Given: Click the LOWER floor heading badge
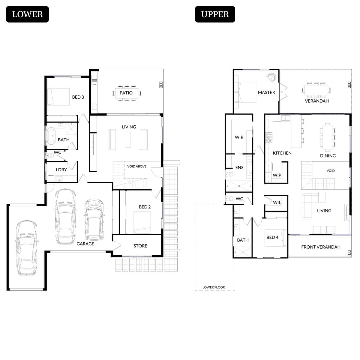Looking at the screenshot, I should pos(27,14).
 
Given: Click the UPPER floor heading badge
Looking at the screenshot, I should pos(215,14).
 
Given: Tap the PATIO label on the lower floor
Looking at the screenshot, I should pos(126,93).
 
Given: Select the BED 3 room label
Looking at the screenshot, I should pos(78,97).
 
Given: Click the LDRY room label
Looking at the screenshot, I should pos(61,170).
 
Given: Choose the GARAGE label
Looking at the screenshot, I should pos(85,244).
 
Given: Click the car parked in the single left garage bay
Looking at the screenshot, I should pos(27,248).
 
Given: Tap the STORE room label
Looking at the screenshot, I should pos(140,246).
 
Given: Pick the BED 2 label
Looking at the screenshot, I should pos(145,207).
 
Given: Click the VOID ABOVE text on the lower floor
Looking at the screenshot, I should pos(137,166).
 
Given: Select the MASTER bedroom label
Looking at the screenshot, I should pos(266,92).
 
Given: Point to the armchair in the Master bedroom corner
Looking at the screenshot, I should pos(272,77).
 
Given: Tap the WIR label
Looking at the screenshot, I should pos(239,137).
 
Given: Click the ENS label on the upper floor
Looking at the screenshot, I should pos(239,168).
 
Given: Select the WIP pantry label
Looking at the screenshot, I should pos(277,175).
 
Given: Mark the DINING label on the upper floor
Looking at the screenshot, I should pos(328,156).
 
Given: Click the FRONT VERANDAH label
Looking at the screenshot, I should pos(321,247).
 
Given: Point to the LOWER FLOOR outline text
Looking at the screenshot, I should pos(214,287).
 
